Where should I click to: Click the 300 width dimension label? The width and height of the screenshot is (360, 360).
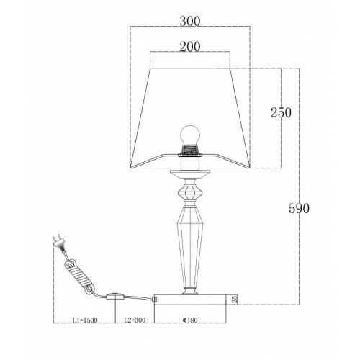click(x=189, y=22)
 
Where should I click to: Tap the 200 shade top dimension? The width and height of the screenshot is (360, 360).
click(x=189, y=47)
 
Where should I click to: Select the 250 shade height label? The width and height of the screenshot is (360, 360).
click(x=281, y=112)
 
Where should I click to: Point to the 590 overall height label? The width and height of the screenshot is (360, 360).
click(x=299, y=208)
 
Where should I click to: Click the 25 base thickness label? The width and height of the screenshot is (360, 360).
click(x=235, y=299)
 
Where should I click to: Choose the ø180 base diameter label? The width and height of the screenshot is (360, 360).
click(x=190, y=320)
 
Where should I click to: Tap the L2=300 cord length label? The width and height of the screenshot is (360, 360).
click(x=135, y=320)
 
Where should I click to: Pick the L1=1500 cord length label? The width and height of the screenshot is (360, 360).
click(x=85, y=320)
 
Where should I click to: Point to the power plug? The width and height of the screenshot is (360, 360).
click(x=59, y=244)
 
